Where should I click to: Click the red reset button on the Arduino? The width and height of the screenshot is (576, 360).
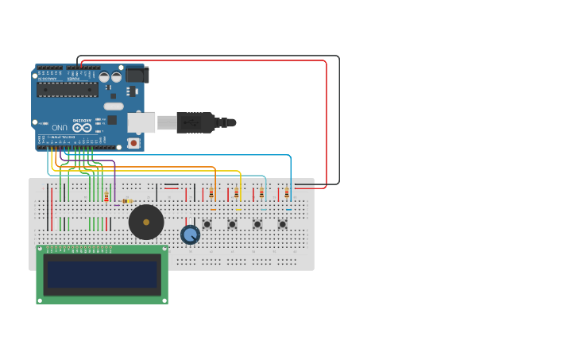click(133, 143)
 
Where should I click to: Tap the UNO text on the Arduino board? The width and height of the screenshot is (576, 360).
click(60, 127)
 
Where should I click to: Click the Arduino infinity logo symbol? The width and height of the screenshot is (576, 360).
click(82, 127)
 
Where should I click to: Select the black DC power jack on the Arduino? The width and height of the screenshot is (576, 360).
click(137, 75)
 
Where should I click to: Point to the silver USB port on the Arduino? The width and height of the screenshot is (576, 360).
click(141, 122)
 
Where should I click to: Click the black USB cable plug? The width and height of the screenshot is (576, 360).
click(195, 122)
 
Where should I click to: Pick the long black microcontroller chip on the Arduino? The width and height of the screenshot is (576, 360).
click(68, 89)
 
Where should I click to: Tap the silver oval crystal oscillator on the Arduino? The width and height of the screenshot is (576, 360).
click(114, 106)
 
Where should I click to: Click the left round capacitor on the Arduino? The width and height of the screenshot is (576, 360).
click(104, 77)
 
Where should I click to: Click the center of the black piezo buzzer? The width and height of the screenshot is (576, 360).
click(146, 222)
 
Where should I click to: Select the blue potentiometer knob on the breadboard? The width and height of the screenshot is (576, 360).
click(190, 234)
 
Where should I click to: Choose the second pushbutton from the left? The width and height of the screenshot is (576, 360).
click(232, 224)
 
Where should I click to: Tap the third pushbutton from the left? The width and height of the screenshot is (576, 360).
click(257, 224)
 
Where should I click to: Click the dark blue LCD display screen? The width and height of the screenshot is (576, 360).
click(102, 274)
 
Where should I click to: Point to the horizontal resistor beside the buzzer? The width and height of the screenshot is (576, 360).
click(127, 201)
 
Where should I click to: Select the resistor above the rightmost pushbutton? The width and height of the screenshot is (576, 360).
click(287, 192)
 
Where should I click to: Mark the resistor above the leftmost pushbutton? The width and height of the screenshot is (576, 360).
click(211, 192)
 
